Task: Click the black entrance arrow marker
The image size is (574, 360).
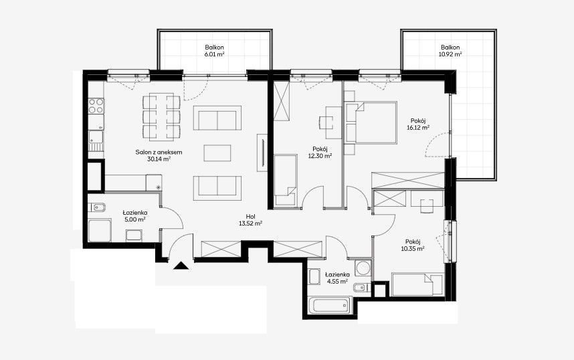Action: click(181, 266)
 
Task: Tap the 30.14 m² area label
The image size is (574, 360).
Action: click(159, 159)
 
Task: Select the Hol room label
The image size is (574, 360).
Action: click(251, 216)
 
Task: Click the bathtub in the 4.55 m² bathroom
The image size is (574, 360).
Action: click(328, 306)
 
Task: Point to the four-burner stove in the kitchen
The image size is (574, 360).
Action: click(96, 106)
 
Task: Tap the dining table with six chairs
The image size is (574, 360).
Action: click(161, 117)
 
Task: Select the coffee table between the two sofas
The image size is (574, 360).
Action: click(217, 153)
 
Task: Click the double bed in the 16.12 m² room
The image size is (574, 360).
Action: click(371, 122)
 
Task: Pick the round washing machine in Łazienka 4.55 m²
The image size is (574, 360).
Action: click(363, 268)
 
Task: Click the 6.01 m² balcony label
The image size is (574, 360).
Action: click(215, 51)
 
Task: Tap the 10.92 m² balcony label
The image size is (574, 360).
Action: click(450, 51)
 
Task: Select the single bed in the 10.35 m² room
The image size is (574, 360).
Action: click(417, 284)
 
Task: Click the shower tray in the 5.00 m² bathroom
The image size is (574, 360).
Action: click(100, 231)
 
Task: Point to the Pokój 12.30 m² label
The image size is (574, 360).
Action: click(320, 153)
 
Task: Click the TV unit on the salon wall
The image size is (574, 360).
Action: click(262, 153)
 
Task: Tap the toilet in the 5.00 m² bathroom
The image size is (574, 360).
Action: click(98, 207)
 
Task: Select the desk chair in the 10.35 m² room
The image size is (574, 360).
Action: click(426, 206)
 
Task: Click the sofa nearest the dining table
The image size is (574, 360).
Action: click(217, 118)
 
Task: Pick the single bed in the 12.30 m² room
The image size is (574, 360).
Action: click(286, 180)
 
